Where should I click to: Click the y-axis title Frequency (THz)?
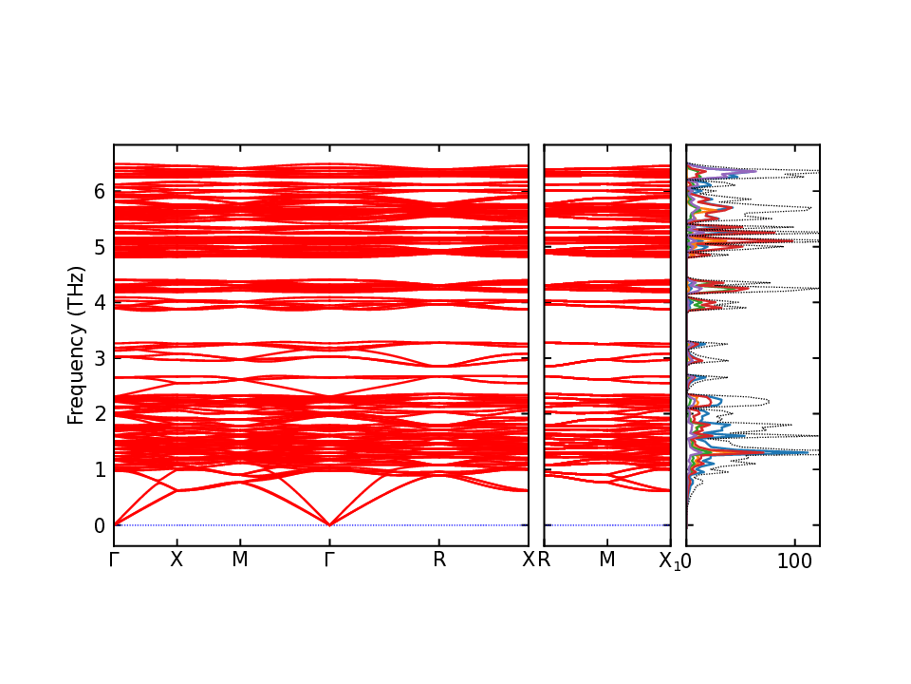click(76, 345)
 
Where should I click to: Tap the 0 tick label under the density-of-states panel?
click(686, 560)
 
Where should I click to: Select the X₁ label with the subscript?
click(669, 560)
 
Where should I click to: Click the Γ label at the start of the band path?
click(114, 560)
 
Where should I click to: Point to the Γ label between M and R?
click(329, 560)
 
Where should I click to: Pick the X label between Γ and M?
click(176, 560)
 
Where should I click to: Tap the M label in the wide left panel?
click(240, 560)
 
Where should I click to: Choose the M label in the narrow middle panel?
click(607, 560)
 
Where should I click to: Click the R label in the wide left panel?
click(439, 560)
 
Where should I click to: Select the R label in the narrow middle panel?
click(545, 560)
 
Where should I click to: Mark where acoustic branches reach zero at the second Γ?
click(329, 524)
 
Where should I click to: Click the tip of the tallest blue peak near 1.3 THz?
click(809, 452)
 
